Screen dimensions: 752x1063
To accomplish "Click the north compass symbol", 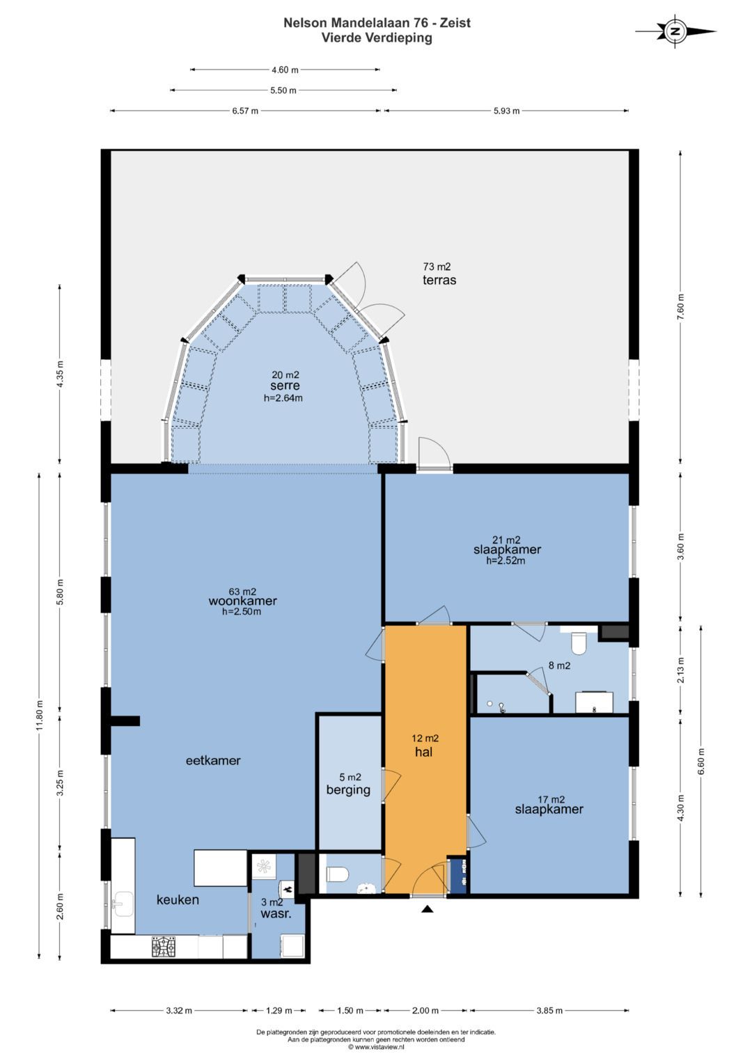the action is coord(675,32).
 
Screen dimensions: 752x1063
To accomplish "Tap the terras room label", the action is coord(439,280).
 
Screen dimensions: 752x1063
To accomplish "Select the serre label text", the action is coord(285,386).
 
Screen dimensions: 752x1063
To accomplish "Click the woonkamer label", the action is coord(242,601).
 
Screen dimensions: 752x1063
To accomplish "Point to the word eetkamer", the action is coord(213,761).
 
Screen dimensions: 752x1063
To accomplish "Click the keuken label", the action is coord(178,899).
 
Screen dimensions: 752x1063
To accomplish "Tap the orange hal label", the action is coord(423,752).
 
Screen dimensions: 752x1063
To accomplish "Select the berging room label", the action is coord(348,790).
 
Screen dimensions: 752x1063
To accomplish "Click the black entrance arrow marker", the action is coord(428,909).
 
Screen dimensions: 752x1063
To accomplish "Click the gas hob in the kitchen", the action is coord(164,946).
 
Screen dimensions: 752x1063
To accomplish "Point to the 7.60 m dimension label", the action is coord(681,307).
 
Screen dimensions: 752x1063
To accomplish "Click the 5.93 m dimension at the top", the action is coord(507,111).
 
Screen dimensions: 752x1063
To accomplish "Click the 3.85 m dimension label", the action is coord(550,1011).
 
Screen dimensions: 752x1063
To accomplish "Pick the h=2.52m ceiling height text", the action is coord(506,560).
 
